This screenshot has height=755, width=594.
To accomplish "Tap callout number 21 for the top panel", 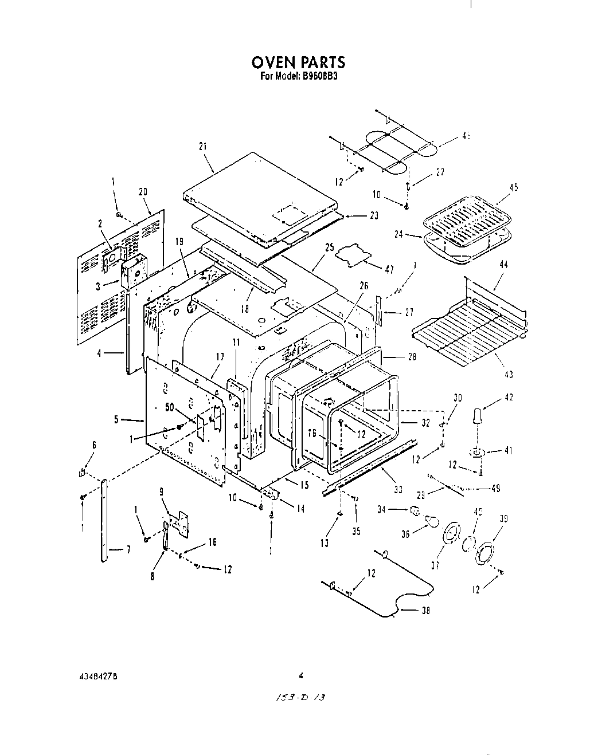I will point(202,147).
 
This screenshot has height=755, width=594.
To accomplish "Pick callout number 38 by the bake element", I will point(425,611).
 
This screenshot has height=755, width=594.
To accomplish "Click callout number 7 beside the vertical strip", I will point(128,550).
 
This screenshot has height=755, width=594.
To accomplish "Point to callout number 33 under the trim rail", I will point(398,490).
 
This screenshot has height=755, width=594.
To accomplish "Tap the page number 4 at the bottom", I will point(300,675).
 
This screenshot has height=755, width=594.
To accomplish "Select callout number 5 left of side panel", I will point(116,419).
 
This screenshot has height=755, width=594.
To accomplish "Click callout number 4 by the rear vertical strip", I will point(100,353).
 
